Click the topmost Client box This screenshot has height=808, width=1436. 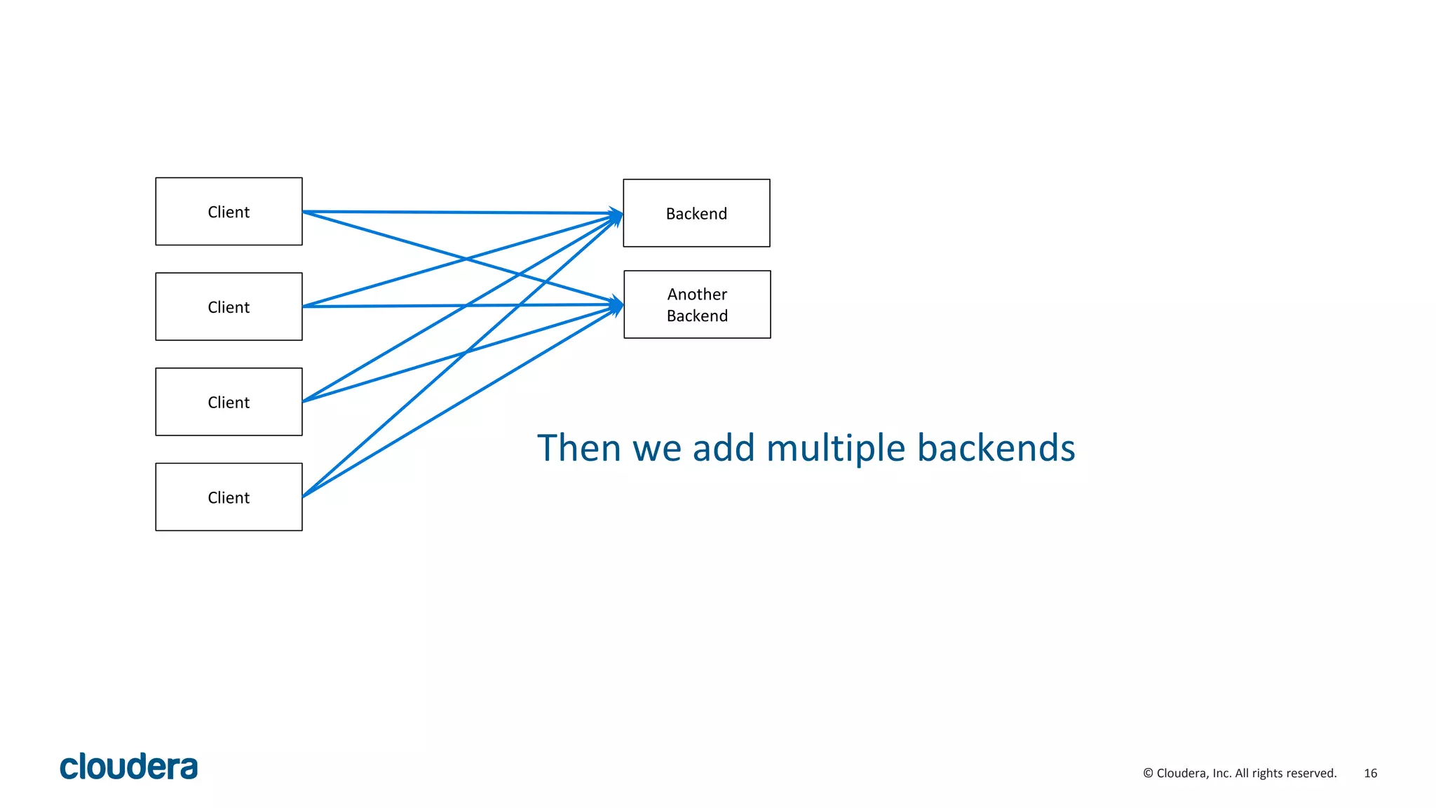click(x=229, y=211)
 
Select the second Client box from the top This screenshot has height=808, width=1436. click(x=229, y=307)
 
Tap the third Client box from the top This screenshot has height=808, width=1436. click(x=229, y=402)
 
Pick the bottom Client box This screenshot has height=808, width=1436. click(x=229, y=497)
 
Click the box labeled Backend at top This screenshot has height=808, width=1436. click(x=696, y=213)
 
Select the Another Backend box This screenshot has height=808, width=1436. click(x=697, y=304)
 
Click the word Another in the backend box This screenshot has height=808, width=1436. click(x=697, y=294)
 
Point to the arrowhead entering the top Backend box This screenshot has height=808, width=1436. click(x=616, y=215)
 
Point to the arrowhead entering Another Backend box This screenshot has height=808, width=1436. click(x=617, y=305)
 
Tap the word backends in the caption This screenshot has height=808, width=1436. click(x=996, y=447)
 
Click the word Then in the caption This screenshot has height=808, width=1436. click(x=579, y=447)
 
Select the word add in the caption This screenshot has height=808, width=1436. click(x=724, y=447)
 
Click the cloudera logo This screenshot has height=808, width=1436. click(x=129, y=767)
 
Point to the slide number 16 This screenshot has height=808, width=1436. click(x=1370, y=773)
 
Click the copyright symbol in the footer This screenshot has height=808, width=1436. click(x=1148, y=773)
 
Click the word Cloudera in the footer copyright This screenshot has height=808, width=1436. click(x=1182, y=773)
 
